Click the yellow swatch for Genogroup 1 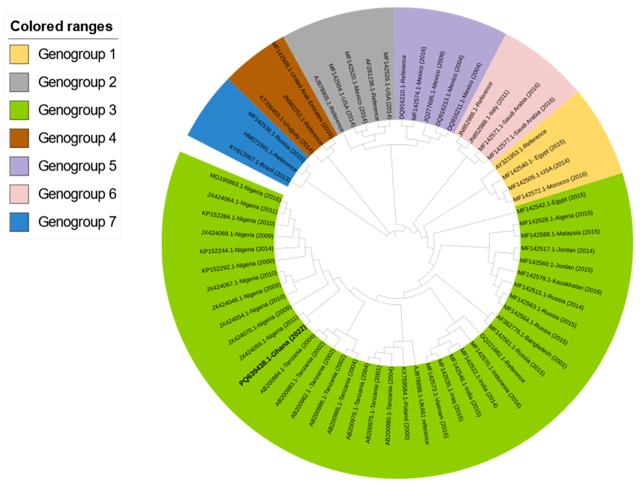(19, 54)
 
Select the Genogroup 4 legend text (77, 138)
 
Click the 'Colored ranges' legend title (61, 26)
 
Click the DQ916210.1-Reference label (403, 87)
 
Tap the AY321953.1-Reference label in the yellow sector (521, 149)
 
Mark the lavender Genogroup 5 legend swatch (19, 166)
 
